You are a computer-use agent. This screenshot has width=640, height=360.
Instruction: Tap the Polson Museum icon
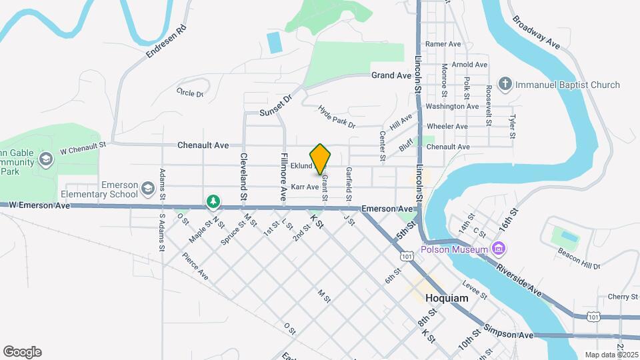click(497, 249)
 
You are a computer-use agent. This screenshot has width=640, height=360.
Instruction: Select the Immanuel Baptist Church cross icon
click(506, 85)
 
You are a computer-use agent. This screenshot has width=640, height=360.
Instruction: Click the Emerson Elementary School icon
click(147, 190)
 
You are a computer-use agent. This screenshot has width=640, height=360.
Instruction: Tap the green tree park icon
click(213, 200)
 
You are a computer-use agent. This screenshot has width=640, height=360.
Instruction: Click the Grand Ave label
click(391, 75)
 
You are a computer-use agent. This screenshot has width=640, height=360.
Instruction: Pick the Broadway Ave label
click(536, 31)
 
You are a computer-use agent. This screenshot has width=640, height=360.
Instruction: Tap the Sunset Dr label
click(276, 104)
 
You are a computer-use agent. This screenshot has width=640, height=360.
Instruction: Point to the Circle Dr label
click(190, 93)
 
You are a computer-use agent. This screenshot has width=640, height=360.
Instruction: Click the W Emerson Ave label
click(39, 205)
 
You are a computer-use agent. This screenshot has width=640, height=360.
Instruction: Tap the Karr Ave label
click(305, 187)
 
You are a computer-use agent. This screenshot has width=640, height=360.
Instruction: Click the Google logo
click(22, 352)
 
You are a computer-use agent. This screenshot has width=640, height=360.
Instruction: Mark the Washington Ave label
click(452, 106)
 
